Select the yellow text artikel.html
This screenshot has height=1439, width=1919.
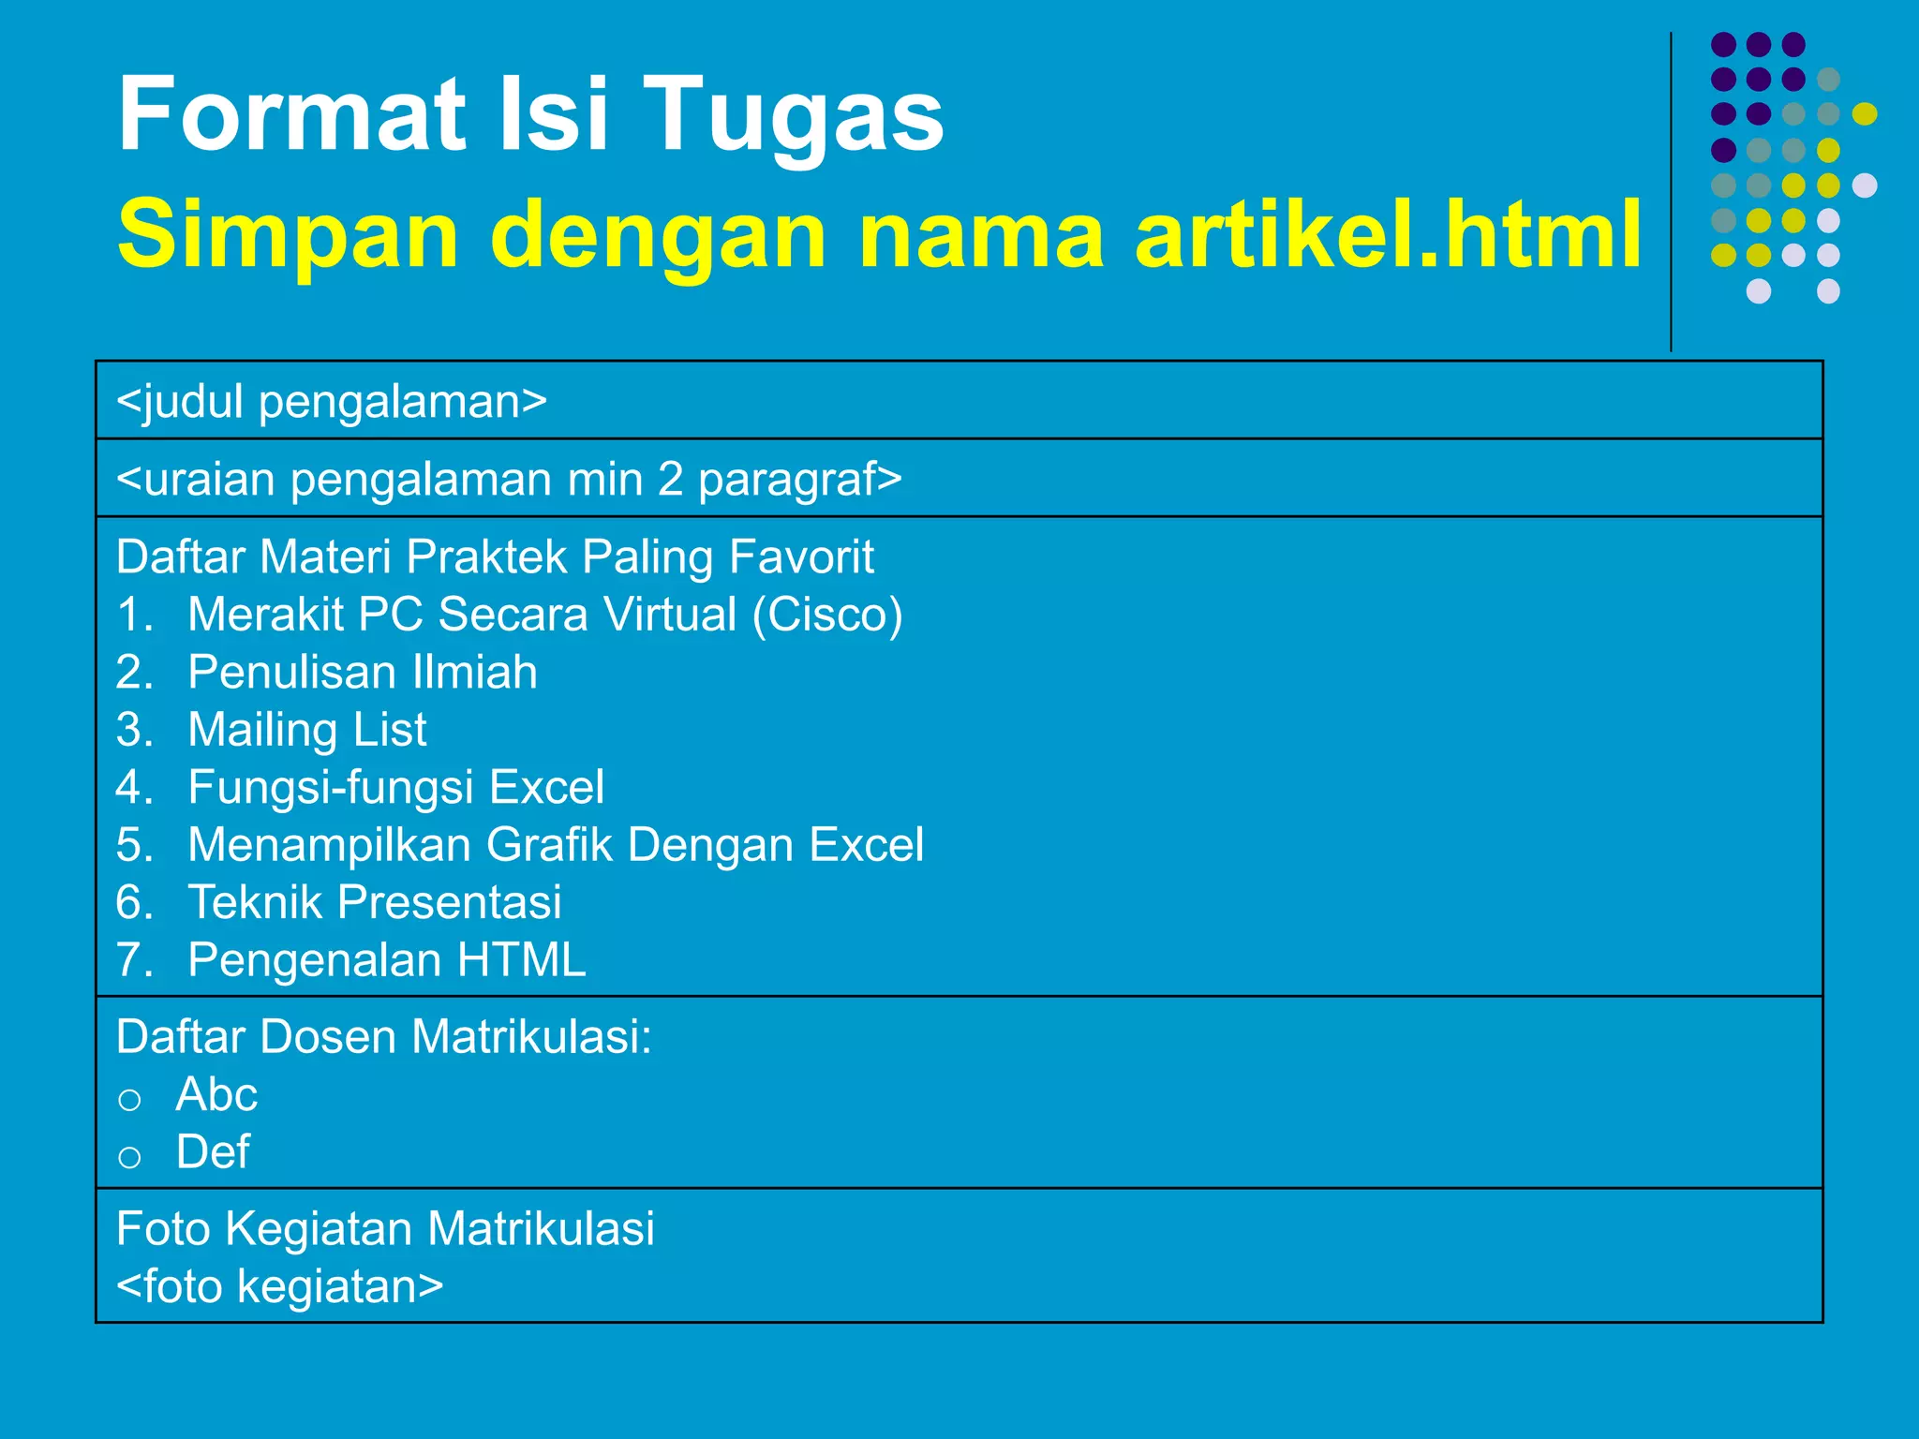click(x=1388, y=233)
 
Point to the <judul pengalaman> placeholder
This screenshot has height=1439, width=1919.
click(x=332, y=401)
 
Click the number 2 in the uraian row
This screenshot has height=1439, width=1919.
click(x=670, y=479)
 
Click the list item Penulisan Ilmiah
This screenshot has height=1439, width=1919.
click(x=363, y=673)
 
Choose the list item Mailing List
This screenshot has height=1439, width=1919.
click(x=306, y=730)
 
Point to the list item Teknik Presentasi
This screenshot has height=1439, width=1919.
click(x=374, y=902)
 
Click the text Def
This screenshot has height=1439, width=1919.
click(x=213, y=1152)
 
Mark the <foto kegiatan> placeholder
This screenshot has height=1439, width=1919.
click(x=279, y=1286)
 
